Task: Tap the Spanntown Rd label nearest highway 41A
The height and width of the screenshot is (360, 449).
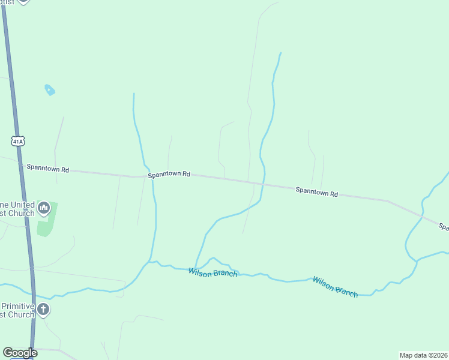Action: pyautogui.click(x=48, y=169)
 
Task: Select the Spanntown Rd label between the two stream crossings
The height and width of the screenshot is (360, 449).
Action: pyautogui.click(x=169, y=174)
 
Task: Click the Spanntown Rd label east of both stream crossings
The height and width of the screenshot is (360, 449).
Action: pyautogui.click(x=316, y=193)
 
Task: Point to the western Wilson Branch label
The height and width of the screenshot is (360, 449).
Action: pyautogui.click(x=213, y=272)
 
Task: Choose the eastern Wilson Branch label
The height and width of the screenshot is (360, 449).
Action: pyautogui.click(x=335, y=286)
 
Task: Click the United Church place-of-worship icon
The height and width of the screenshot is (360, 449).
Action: pyautogui.click(x=43, y=208)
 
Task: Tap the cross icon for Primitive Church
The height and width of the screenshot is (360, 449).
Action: pyautogui.click(x=43, y=310)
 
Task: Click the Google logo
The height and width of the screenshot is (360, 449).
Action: pyautogui.click(x=20, y=353)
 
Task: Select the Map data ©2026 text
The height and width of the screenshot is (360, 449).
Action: pyautogui.click(x=423, y=355)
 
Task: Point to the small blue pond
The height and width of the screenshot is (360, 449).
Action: pyautogui.click(x=50, y=90)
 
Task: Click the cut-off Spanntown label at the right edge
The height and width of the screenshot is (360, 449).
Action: pyautogui.click(x=444, y=226)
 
